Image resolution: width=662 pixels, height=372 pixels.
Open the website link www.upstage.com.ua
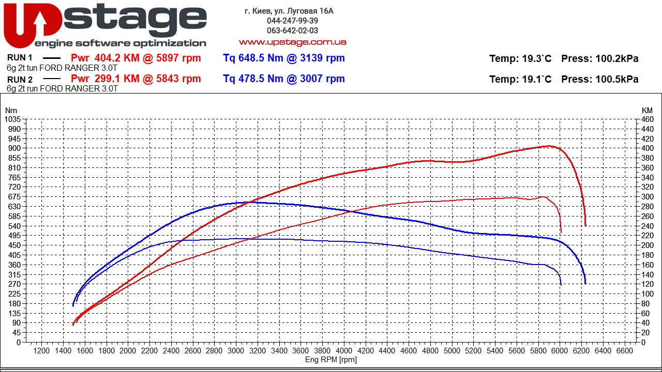tap(292, 42)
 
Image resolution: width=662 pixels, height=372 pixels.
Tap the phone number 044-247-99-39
tap(292, 21)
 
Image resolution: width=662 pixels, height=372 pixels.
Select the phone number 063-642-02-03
tap(292, 30)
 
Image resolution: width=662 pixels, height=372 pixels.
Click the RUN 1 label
tap(20, 58)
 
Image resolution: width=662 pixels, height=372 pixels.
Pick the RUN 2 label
tap(20, 80)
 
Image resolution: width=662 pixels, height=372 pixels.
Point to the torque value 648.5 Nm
tap(253, 58)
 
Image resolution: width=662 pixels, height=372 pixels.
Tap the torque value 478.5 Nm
tap(253, 79)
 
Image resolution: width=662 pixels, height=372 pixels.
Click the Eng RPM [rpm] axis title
tap(331, 360)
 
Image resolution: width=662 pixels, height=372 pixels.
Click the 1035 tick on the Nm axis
tap(12, 119)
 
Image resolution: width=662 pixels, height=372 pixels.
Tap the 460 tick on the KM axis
tap(647, 119)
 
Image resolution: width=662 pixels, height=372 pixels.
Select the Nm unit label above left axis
tap(11, 110)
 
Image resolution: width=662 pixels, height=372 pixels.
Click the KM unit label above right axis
tap(647, 110)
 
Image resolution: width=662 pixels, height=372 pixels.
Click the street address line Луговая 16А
tap(289, 11)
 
